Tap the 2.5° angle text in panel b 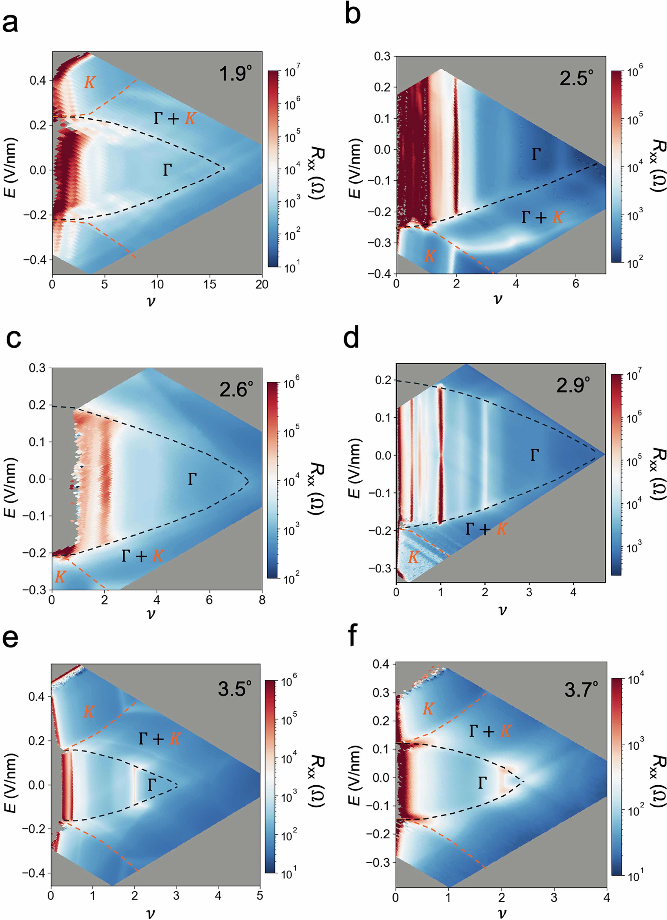576,78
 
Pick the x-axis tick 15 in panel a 210,284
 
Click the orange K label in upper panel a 90,83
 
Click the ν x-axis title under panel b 498,299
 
